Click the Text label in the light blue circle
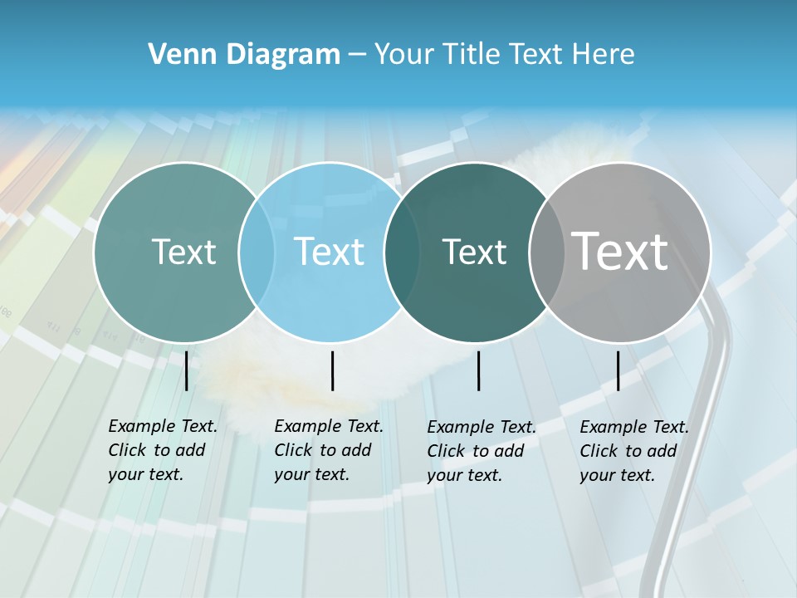click(329, 252)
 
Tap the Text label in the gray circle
click(620, 251)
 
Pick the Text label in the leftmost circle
click(183, 252)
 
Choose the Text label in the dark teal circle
click(474, 252)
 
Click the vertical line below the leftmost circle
click(186, 370)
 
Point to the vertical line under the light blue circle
click(332, 370)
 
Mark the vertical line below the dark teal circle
click(478, 370)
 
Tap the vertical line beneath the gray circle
click(618, 370)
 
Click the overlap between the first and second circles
click(257, 252)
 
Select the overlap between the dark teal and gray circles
click(545, 252)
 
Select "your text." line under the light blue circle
click(311, 474)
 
